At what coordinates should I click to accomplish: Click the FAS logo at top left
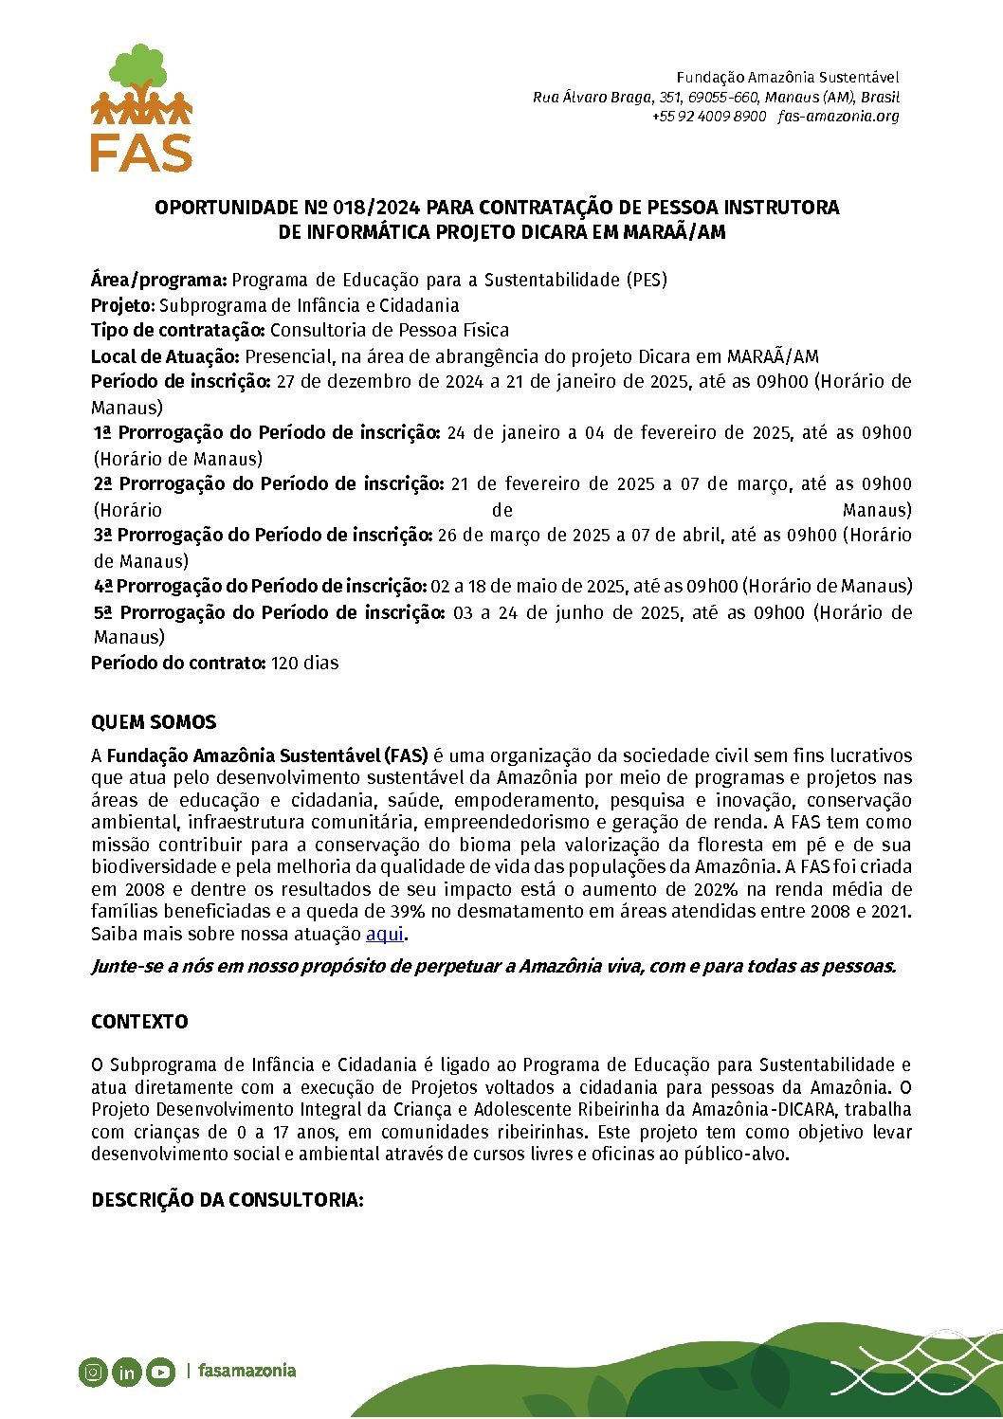141,109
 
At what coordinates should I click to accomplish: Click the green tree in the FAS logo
140,66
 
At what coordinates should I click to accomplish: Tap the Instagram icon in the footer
93,1371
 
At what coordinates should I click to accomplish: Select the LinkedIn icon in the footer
126,1371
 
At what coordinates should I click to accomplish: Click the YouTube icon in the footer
160,1371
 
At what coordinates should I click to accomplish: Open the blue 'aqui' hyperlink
385,934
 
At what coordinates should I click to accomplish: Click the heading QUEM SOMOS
154,722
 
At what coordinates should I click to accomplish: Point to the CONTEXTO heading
139,1022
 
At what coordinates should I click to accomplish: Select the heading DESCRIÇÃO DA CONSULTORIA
228,1200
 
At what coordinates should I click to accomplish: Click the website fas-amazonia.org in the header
838,117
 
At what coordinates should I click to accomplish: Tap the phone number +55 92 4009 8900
708,117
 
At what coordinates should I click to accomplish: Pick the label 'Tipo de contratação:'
178,331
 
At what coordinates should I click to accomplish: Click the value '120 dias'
304,663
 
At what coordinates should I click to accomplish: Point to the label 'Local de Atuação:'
166,356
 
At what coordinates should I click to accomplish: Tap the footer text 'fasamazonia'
246,1371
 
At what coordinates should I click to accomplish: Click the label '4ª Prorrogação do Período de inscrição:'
261,586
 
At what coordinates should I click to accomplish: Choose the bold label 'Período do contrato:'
178,663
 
